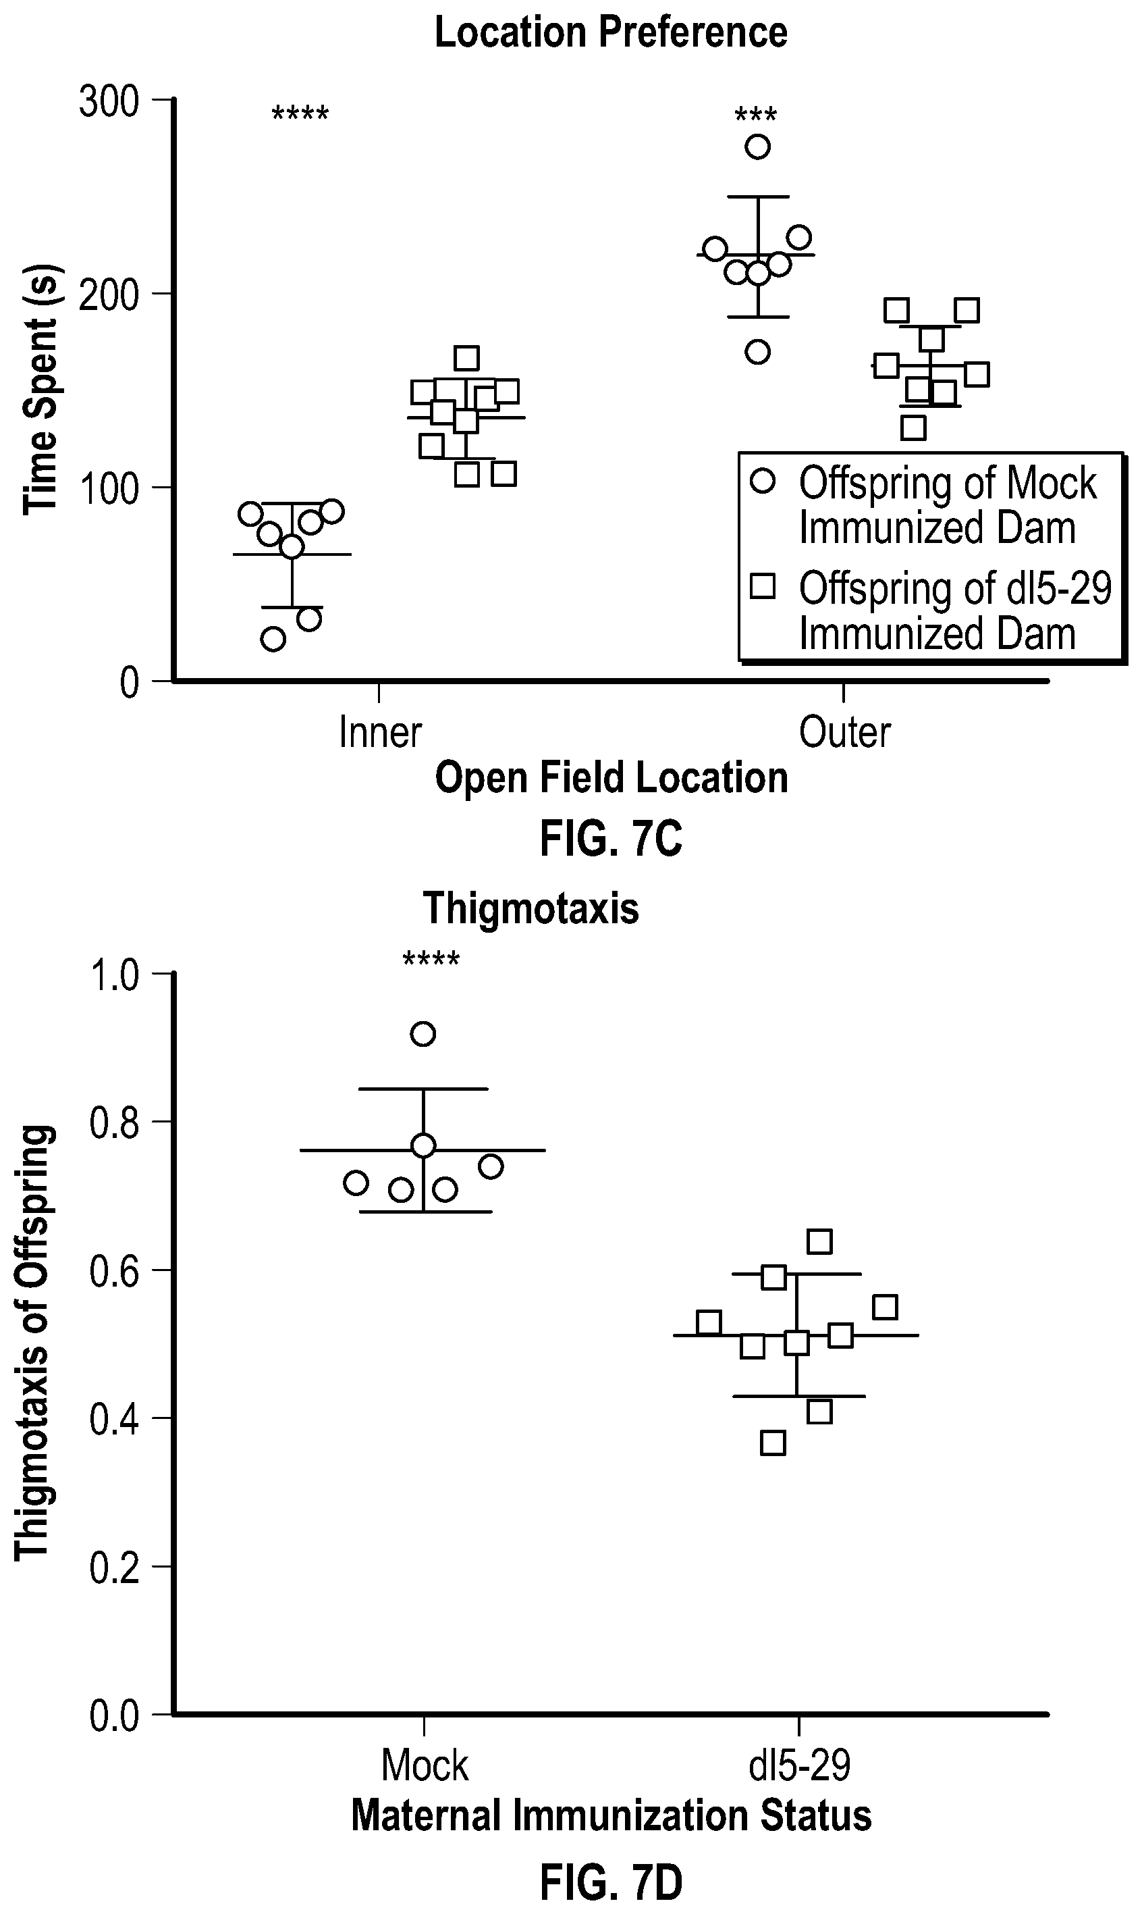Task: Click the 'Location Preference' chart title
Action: [611, 32]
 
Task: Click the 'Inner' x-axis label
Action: [380, 732]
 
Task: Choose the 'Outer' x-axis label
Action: [844, 732]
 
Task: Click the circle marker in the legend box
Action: [763, 481]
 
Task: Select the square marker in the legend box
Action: [763, 588]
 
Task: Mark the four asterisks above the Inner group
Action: [300, 115]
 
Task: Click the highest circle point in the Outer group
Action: [758, 147]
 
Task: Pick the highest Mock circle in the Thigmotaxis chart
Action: [423, 1034]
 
